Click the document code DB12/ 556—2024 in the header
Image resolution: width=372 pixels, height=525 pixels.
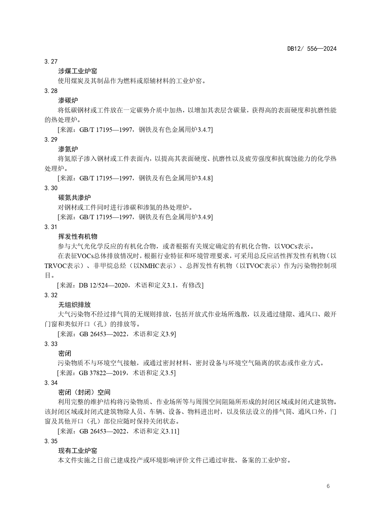pos(312,49)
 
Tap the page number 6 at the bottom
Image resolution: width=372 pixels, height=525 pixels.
pos(328,486)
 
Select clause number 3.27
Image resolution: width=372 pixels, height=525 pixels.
pos(51,62)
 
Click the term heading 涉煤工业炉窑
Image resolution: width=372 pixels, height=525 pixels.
pos(78,71)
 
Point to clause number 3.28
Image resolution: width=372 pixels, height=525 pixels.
pos(51,91)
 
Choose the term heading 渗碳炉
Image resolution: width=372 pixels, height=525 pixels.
pos(68,101)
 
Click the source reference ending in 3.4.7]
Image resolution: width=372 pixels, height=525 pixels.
pos(135,130)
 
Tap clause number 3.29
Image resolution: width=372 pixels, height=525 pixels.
pos(51,139)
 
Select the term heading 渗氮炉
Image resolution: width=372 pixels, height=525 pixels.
pos(68,149)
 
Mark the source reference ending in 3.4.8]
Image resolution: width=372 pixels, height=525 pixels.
pos(135,178)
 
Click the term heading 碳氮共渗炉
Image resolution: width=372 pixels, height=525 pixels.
pos(74,198)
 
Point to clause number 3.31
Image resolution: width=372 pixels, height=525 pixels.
pos(51,227)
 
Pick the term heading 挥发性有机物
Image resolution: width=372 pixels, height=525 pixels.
pos(78,237)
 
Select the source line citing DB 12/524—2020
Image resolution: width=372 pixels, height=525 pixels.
pos(130,285)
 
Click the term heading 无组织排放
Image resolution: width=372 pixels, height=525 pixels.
pos(74,305)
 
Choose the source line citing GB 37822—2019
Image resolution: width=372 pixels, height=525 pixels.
pos(117,373)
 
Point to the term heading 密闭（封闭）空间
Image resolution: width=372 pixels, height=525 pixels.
pos(84,392)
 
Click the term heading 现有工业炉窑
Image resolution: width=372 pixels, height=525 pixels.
pos(78,451)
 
